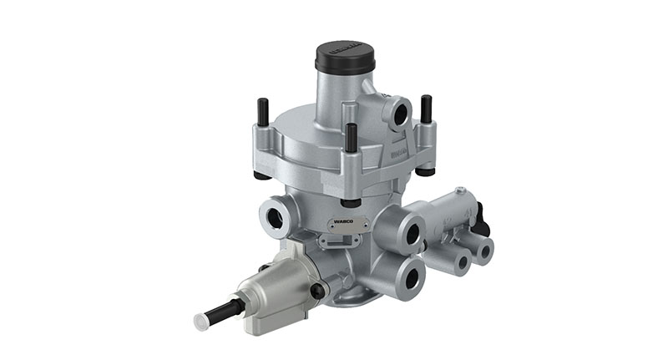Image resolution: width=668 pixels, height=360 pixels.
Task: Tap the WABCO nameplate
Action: coord(347,222)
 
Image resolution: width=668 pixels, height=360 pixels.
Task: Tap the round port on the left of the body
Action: coord(275,216)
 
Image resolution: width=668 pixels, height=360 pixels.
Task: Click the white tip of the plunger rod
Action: coord(201,319)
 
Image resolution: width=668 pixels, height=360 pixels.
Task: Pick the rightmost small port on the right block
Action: coord(480,250)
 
